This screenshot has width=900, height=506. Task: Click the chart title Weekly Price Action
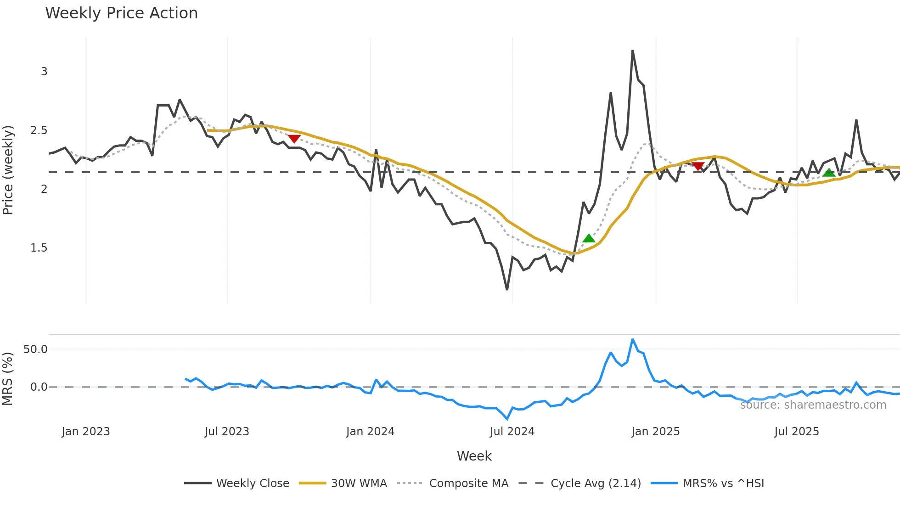click(121, 13)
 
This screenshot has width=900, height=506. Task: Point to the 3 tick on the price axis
click(44, 72)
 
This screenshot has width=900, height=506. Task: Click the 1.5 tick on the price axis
click(39, 248)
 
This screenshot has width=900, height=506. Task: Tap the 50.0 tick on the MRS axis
click(35, 349)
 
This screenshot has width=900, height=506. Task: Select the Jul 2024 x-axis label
click(512, 432)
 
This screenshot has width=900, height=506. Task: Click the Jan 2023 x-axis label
click(86, 432)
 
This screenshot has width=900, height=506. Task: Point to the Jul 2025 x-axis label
click(797, 432)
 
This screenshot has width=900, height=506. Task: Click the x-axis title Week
click(474, 456)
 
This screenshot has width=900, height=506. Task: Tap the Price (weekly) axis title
click(8, 170)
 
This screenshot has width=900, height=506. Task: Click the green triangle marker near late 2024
click(589, 238)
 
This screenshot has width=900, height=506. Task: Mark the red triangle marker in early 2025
click(698, 166)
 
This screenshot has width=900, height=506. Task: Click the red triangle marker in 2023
click(294, 139)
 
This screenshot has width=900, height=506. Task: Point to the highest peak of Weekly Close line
click(632, 51)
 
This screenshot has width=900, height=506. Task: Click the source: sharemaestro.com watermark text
click(813, 405)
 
